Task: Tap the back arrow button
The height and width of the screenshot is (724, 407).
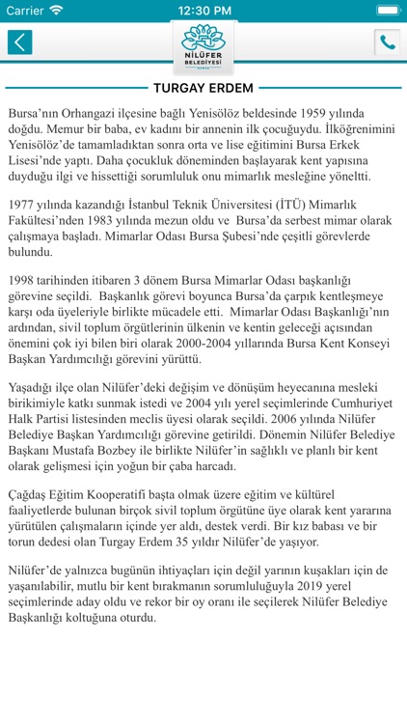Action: (19, 42)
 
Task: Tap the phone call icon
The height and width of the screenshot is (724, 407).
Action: (387, 42)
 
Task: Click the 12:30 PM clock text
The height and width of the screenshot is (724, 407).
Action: (203, 10)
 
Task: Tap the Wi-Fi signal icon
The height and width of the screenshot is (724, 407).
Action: (56, 10)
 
